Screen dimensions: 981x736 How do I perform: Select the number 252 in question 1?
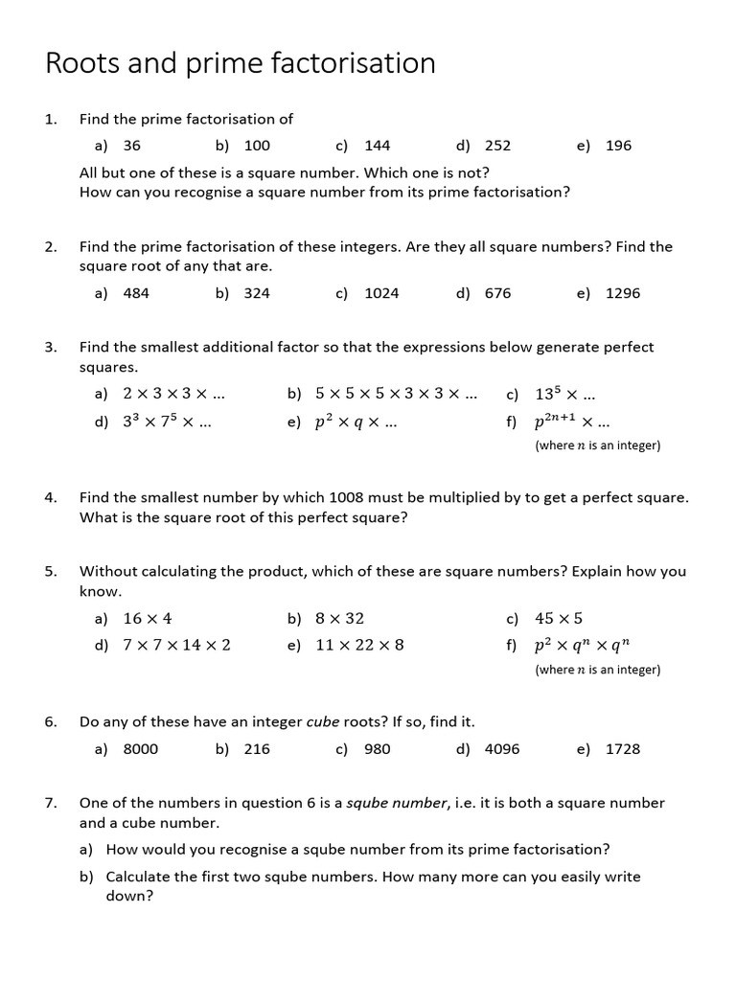497,146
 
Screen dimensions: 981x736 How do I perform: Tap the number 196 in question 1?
618,146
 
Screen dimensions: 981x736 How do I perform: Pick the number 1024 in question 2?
381,293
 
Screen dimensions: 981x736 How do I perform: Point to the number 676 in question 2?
497,293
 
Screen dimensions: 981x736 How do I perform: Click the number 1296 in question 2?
623,293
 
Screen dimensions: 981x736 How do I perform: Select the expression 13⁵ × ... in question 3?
564,394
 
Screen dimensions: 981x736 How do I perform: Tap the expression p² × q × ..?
355,422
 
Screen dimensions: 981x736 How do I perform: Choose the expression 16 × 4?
148,619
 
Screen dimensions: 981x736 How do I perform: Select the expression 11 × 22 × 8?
359,646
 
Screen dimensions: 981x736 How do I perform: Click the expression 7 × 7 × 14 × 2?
176,646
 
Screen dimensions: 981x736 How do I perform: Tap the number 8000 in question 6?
141,749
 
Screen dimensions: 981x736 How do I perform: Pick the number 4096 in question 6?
502,749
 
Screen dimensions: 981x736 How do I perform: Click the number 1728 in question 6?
623,749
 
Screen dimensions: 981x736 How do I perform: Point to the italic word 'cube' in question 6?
323,721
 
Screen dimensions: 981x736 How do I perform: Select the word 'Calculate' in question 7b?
141,877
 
